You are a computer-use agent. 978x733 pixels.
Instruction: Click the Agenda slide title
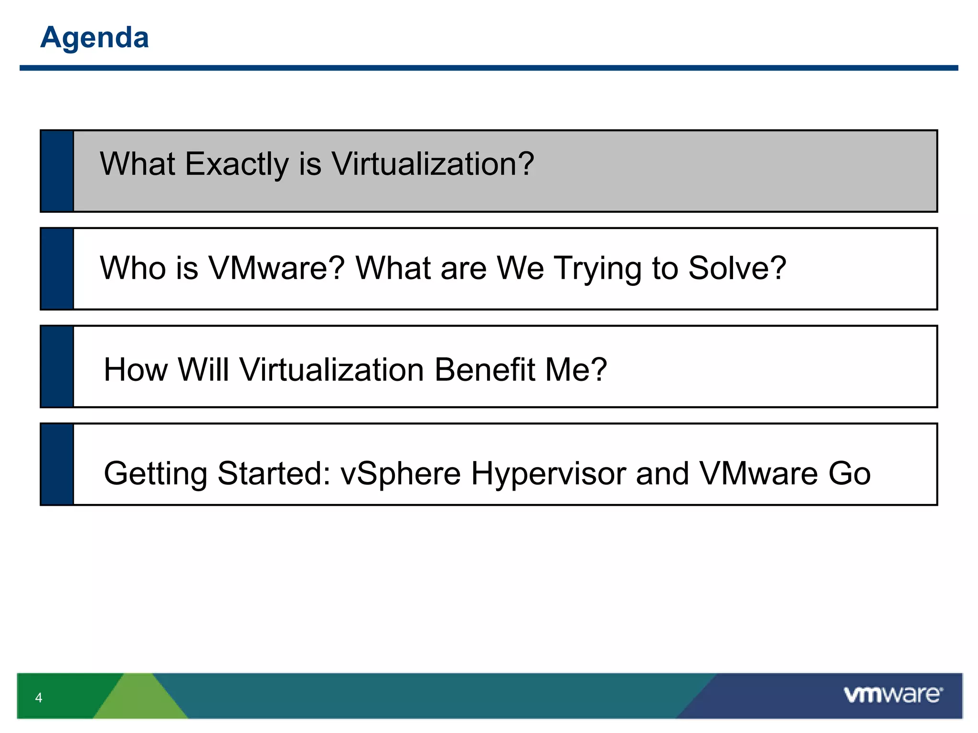(94, 37)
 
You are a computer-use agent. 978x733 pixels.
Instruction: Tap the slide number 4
(39, 698)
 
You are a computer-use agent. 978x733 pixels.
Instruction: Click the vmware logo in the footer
(893, 694)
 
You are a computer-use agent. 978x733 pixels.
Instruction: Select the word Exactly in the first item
(237, 164)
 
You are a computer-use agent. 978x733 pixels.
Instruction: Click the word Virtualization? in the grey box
(433, 164)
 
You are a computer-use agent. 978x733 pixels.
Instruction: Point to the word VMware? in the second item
(276, 268)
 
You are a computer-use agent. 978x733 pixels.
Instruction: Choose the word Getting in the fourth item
(155, 474)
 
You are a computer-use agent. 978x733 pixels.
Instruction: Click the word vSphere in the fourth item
(401, 474)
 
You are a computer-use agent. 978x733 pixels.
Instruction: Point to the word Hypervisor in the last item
(548, 474)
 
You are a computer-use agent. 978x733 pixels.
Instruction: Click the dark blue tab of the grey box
(57, 171)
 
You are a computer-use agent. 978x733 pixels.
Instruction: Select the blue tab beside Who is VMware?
(57, 269)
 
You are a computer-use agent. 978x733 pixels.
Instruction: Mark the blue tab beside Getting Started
(57, 464)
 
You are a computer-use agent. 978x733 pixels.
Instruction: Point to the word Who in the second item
(132, 268)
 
